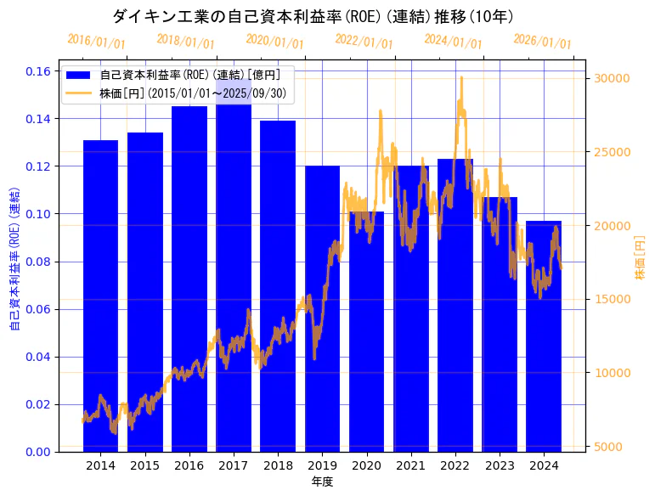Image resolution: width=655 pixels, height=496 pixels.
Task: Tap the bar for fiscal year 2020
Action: (x=366, y=331)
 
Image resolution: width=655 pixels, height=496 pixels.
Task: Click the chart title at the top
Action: (x=313, y=16)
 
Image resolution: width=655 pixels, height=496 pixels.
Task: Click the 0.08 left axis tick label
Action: (x=38, y=262)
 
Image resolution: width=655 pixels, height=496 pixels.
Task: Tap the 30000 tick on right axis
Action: (x=611, y=78)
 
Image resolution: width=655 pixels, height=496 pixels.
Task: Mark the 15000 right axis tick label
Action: (x=611, y=299)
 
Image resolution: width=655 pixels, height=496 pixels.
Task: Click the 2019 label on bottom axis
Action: (x=322, y=465)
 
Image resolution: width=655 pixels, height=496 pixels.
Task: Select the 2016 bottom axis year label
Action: (x=189, y=465)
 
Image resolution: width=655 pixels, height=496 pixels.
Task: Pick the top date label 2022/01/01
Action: (x=364, y=41)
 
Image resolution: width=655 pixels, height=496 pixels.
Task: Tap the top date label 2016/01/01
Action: (x=96, y=41)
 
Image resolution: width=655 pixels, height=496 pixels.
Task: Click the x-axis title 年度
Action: (x=322, y=482)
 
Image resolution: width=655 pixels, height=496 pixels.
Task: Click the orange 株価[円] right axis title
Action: (x=640, y=258)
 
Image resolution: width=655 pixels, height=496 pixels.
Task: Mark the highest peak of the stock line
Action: (x=461, y=78)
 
